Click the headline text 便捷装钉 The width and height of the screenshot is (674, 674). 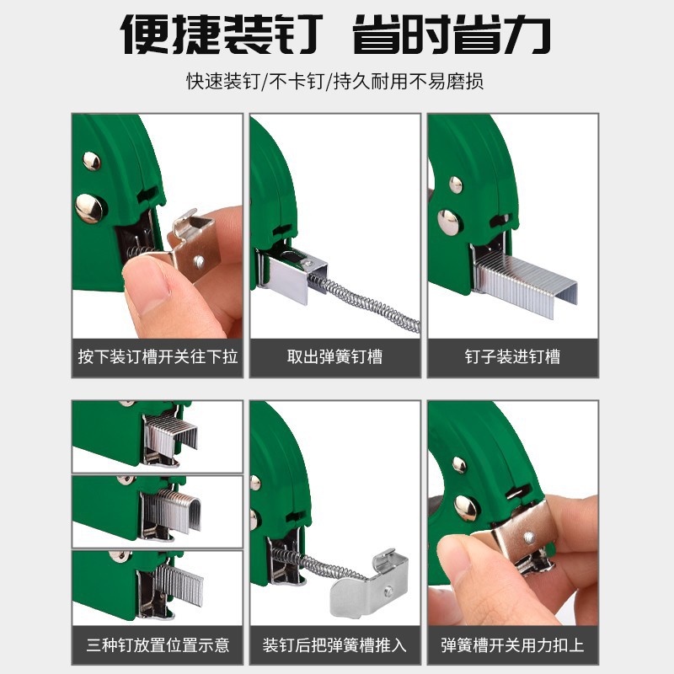[x=222, y=35]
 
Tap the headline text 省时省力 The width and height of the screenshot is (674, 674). [x=452, y=35]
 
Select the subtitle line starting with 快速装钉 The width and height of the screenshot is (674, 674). [x=334, y=81]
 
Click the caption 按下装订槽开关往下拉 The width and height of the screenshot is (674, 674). [x=158, y=356]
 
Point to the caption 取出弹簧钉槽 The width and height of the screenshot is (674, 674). [x=334, y=356]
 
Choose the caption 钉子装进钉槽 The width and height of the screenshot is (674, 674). [x=512, y=356]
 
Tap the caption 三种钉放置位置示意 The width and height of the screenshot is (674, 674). [x=158, y=645]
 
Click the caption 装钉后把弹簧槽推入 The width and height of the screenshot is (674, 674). [x=334, y=645]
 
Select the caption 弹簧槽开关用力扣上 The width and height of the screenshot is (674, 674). [x=512, y=645]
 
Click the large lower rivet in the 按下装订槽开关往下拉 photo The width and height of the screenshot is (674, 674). [x=90, y=208]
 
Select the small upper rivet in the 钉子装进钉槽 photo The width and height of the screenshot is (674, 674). [x=456, y=185]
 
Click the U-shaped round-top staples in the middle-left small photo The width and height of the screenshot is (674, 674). [x=172, y=511]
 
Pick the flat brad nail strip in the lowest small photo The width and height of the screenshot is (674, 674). [x=179, y=585]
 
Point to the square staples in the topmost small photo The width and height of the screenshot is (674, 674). [x=171, y=435]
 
